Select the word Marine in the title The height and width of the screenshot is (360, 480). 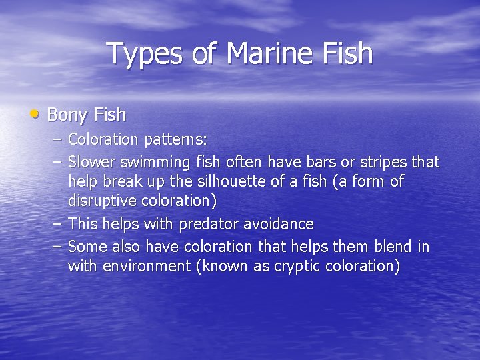[261, 53]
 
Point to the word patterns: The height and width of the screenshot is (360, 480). [175, 140]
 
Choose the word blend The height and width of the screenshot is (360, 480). [392, 247]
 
